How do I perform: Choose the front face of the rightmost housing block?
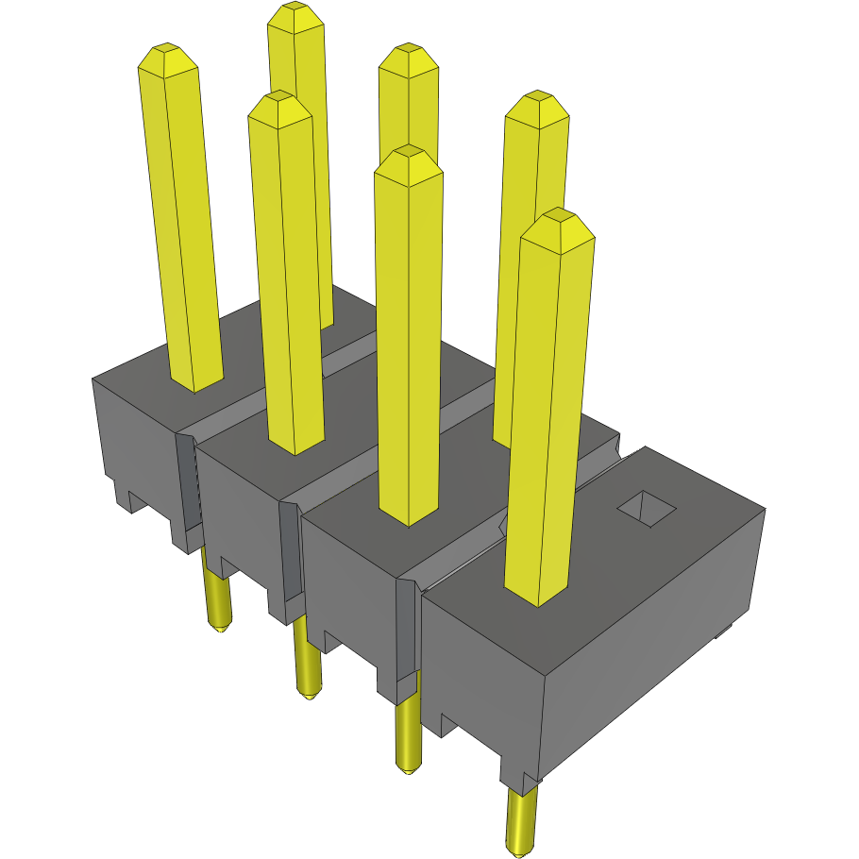pos(481,661)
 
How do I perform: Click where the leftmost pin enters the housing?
pos(195,382)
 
